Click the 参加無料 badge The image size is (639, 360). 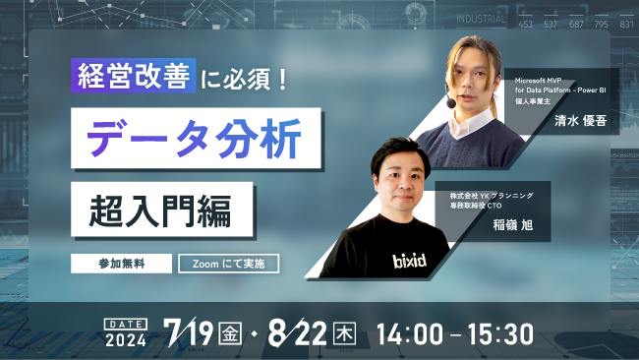[x=121, y=264]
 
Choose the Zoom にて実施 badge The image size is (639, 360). [x=229, y=264]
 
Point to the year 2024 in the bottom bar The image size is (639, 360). [x=127, y=340]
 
